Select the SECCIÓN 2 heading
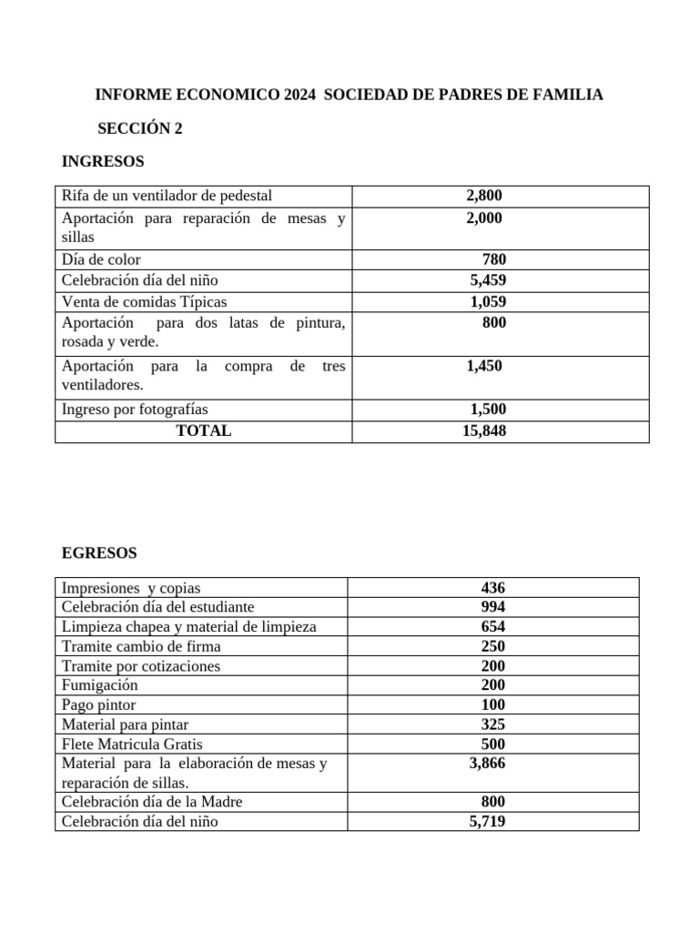click(x=140, y=128)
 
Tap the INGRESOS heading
click(x=102, y=162)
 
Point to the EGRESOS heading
click(x=99, y=552)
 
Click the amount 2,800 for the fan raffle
click(x=483, y=196)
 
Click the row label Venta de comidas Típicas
click(x=144, y=302)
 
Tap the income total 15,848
click(x=484, y=431)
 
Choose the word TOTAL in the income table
click(x=203, y=431)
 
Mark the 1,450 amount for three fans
click(x=483, y=366)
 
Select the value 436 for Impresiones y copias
click(x=493, y=588)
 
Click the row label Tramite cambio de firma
click(x=141, y=646)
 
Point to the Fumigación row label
click(x=99, y=685)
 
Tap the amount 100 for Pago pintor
click(x=493, y=704)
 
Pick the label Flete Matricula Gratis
click(x=132, y=744)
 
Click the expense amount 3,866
click(x=487, y=764)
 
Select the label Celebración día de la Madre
click(x=152, y=802)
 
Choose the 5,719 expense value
click(x=487, y=821)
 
